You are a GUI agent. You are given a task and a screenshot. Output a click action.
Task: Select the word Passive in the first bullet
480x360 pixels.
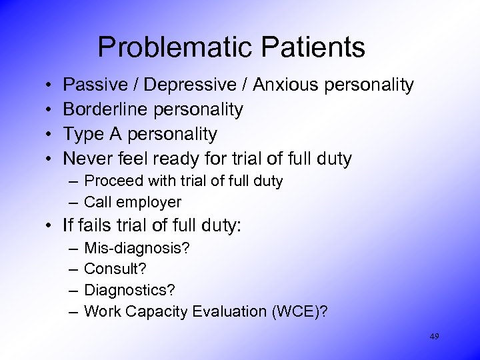coord(93,85)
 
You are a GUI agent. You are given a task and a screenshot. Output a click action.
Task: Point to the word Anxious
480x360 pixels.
coord(283,85)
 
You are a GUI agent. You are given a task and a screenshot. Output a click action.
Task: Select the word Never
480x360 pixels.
coord(87,159)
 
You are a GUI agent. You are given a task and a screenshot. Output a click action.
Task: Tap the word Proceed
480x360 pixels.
coord(111,181)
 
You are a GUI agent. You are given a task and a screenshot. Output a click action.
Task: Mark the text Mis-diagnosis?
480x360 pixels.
coord(137,249)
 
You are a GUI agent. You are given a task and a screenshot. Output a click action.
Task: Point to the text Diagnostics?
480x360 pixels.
coord(125,291)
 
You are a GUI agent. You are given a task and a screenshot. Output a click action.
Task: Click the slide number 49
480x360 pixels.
coord(434,337)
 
